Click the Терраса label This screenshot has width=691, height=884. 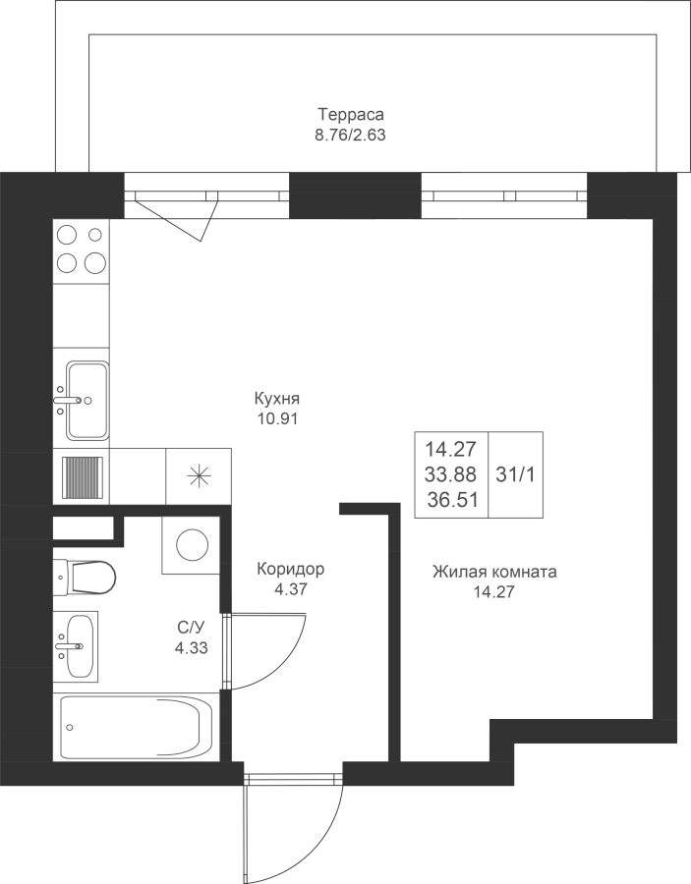[351, 115]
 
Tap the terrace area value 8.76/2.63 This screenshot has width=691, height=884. [350, 136]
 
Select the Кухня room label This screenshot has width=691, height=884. [276, 399]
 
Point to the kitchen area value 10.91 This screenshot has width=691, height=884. [276, 419]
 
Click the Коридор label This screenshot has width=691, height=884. [291, 570]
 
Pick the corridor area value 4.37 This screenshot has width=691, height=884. [291, 589]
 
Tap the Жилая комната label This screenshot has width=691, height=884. [494, 572]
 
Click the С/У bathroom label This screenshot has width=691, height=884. [191, 627]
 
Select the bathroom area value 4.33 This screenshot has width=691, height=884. [192, 648]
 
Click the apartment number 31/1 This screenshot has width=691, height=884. [515, 474]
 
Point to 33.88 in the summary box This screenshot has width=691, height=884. [451, 474]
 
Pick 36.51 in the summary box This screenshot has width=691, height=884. [452, 500]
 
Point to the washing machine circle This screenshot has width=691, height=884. [193, 545]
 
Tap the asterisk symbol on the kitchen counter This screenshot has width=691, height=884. [198, 476]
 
